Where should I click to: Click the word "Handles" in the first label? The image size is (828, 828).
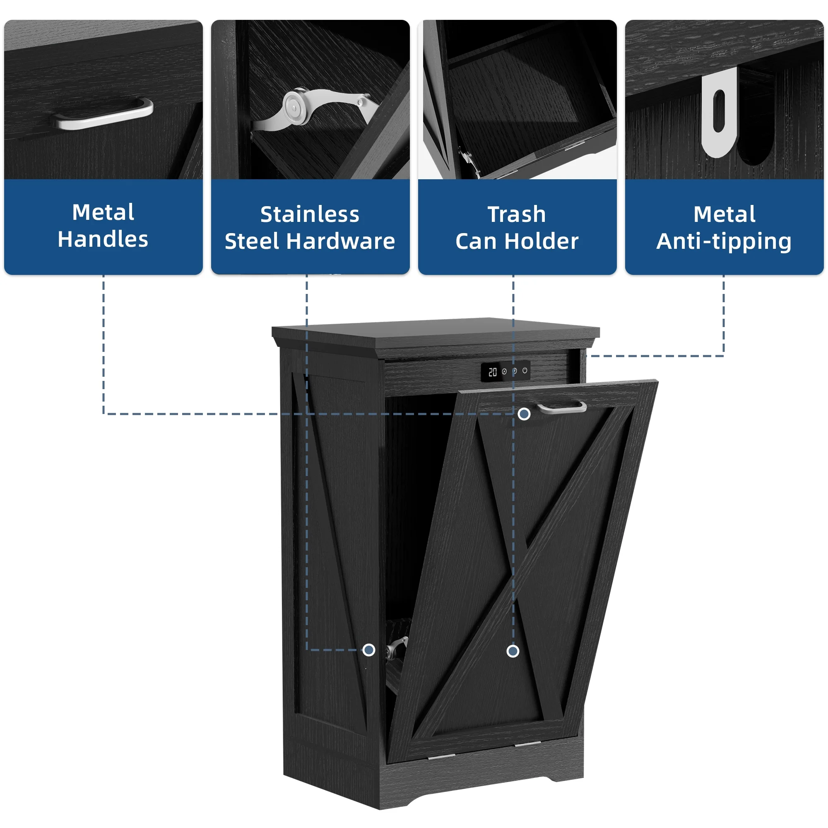coord(103,239)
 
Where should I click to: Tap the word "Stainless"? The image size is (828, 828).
coord(309,214)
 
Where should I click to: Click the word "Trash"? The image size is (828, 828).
coord(517,214)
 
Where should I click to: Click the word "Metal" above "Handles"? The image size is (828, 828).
coord(103,212)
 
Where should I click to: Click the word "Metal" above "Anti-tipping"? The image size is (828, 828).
coord(724,214)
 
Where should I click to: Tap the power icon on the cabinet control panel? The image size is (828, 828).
coord(525,371)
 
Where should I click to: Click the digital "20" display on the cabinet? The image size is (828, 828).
coord(492,372)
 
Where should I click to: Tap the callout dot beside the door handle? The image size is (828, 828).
coord(524,414)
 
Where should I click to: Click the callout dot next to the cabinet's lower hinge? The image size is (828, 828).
coord(368,650)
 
